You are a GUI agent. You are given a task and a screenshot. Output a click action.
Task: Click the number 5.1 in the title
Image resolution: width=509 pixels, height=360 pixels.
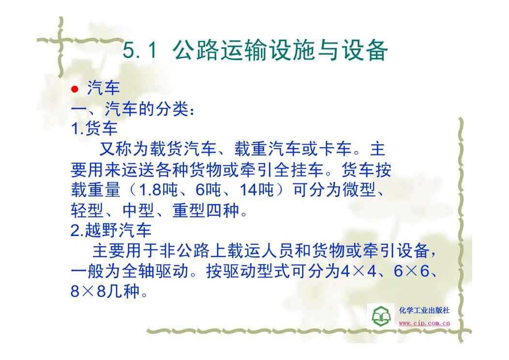coord(140,50)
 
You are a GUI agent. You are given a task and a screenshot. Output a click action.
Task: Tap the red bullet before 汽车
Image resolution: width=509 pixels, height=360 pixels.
coord(75,89)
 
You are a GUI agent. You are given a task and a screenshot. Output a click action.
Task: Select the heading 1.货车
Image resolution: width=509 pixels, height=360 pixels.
coord(94,129)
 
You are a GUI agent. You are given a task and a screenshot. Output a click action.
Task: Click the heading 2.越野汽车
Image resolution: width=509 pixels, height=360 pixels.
coord(111,230)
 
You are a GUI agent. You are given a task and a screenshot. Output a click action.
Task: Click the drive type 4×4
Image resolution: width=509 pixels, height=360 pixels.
coord(359,271)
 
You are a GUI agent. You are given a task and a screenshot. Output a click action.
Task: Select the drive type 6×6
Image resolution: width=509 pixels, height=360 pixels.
coord(411,271)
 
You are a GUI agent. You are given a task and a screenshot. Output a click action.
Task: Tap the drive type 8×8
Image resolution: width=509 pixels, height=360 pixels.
coord(88,291)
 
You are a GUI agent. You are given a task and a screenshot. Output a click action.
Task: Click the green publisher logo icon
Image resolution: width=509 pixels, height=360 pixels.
coord(381,315)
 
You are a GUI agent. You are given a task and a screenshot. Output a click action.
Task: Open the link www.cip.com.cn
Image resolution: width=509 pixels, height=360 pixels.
coord(424,323)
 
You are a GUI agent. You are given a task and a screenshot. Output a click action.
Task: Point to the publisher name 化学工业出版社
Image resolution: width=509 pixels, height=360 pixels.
coord(424,310)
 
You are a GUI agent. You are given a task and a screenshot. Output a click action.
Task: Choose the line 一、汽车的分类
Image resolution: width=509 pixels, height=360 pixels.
coord(133,109)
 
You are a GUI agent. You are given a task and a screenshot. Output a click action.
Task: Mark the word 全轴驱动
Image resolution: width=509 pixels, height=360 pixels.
coord(155,271)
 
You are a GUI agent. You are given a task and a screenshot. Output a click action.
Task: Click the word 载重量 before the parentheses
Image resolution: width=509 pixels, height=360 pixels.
coord(96,190)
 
